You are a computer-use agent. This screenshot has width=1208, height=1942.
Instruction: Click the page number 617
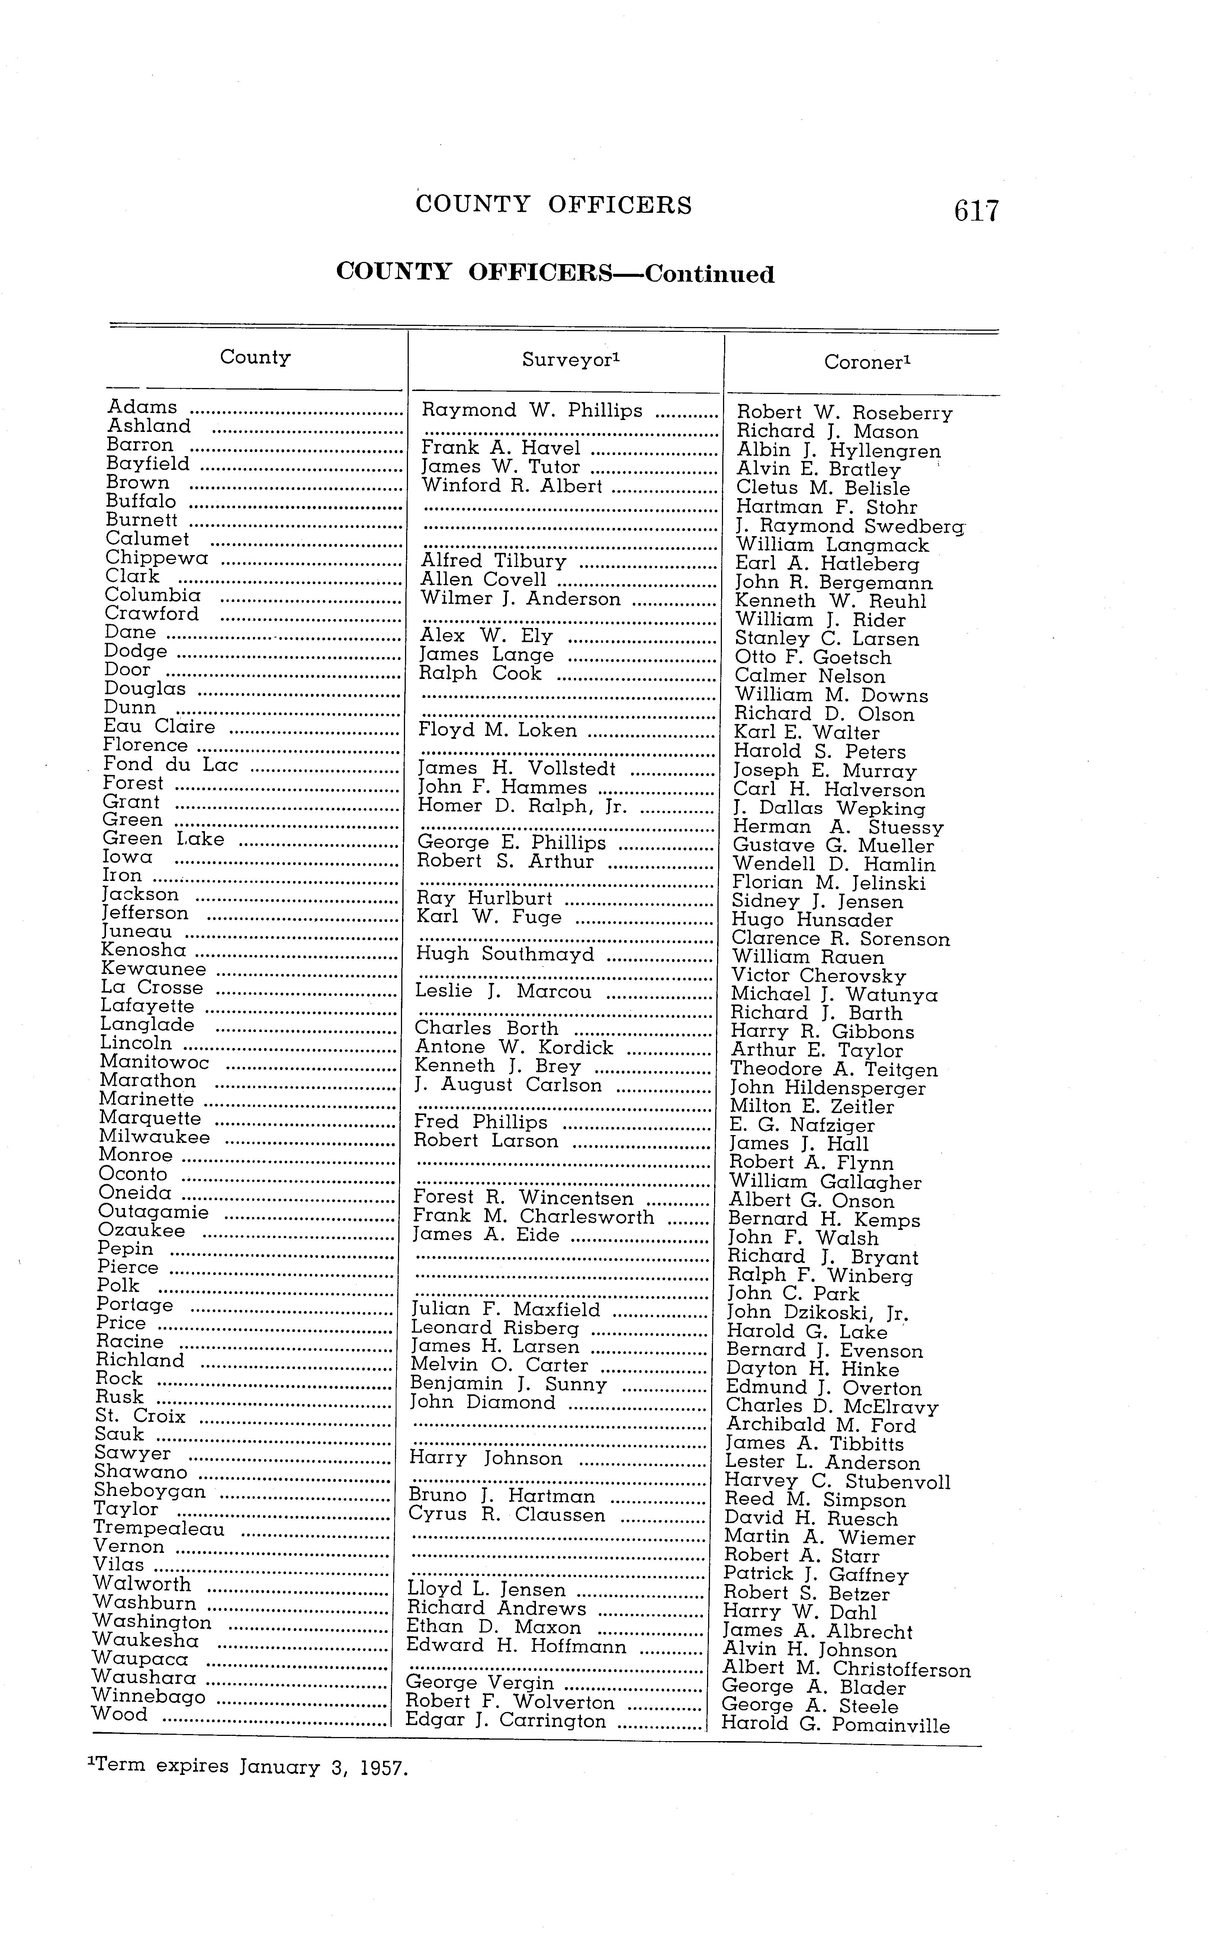coord(976,211)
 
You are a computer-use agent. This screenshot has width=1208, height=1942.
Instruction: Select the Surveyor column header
coord(571,360)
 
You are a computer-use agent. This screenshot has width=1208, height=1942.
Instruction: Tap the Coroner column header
coord(867,363)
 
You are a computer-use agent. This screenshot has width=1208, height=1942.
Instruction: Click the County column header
coord(255,357)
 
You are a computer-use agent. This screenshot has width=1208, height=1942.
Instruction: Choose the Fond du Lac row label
coord(171,765)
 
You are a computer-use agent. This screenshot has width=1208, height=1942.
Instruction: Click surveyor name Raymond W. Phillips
coord(532,411)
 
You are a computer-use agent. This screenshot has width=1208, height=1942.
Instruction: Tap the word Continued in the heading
coord(710,275)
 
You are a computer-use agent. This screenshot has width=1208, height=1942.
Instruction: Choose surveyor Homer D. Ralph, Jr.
coord(522,806)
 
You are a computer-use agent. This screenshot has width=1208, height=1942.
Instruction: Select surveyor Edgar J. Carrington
coord(506,1721)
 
